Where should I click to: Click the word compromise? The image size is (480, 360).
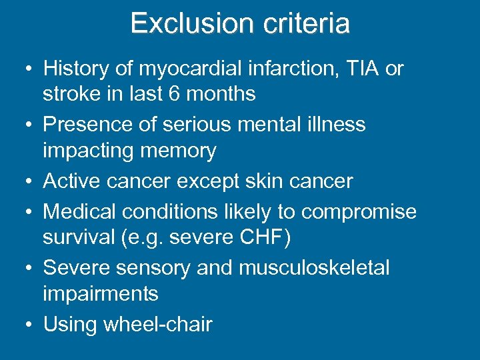359,211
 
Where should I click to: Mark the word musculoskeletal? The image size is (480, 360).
314,268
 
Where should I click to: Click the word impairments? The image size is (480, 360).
100,294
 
